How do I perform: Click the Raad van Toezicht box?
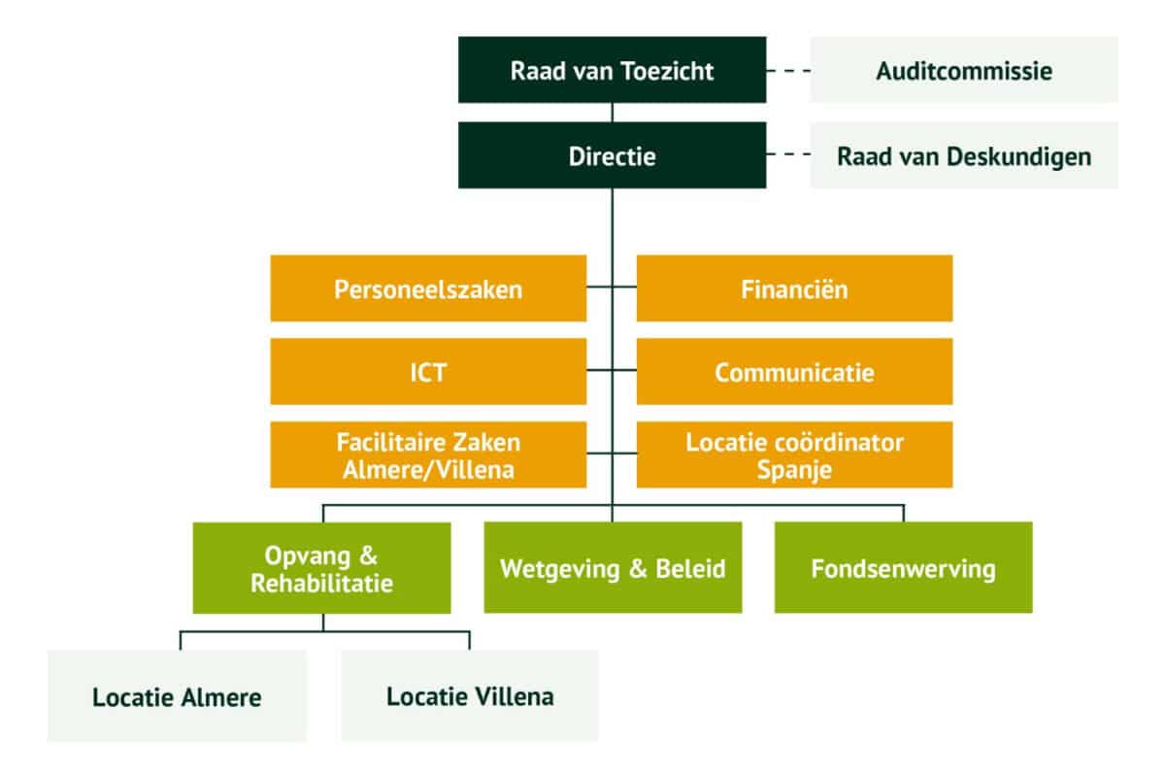tap(612, 70)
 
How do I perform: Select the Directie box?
tap(612, 155)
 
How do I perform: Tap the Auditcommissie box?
tap(963, 70)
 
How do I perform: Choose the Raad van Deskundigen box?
tap(963, 155)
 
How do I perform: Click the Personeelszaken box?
tap(428, 288)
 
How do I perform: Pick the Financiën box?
tap(794, 288)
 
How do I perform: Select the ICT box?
tap(428, 372)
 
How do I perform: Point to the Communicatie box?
tap(794, 372)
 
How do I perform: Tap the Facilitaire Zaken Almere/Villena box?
tap(428, 455)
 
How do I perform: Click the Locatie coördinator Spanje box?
tap(794, 455)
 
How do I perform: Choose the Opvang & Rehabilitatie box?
tap(321, 569)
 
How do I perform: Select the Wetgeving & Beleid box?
tap(613, 568)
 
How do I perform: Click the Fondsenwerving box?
tap(903, 568)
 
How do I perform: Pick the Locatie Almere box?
tap(178, 697)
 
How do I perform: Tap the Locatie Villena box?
tap(470, 696)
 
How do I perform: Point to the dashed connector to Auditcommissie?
tap(787, 70)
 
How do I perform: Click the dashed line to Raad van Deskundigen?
tap(787, 155)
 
